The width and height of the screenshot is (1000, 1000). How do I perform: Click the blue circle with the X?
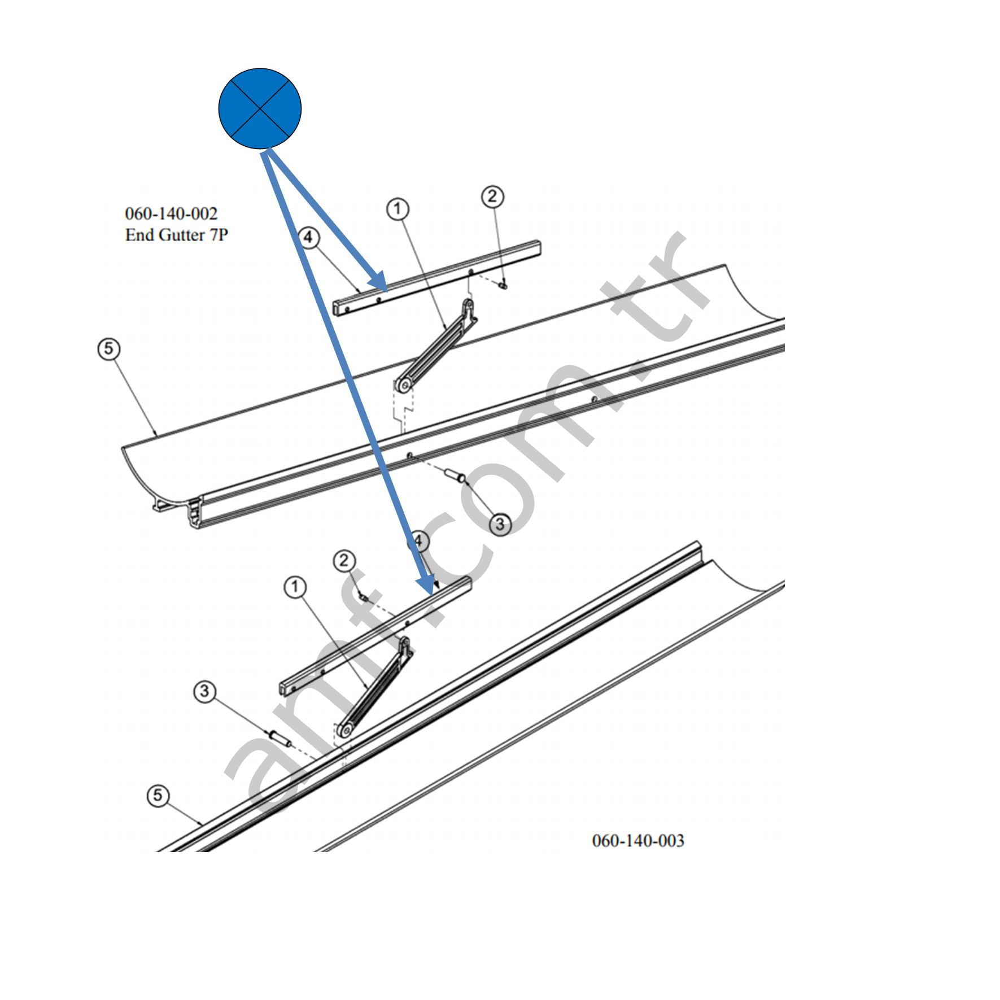[x=260, y=108]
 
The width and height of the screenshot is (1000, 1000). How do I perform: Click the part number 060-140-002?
[x=171, y=213]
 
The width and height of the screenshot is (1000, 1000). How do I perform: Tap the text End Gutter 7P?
[x=176, y=235]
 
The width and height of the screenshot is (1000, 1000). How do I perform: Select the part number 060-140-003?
[x=637, y=840]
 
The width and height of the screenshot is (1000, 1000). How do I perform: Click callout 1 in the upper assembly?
[x=398, y=209]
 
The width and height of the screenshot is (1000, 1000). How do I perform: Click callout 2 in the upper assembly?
[x=492, y=196]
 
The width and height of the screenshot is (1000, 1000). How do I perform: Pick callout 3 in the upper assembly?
[x=500, y=524]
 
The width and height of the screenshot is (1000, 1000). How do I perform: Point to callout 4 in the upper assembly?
[x=308, y=238]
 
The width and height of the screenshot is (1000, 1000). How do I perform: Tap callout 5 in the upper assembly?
[x=108, y=349]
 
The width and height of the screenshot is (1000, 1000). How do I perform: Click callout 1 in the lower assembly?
[x=295, y=588]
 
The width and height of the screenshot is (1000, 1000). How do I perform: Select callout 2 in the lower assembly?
[x=344, y=561]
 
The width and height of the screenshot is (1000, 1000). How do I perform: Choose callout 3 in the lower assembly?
[x=204, y=691]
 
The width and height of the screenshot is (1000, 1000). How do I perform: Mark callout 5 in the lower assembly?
[x=158, y=796]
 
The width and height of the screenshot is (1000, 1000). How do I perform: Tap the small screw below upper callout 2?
[x=503, y=286]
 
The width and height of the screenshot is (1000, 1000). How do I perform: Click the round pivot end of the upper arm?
[x=404, y=386]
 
